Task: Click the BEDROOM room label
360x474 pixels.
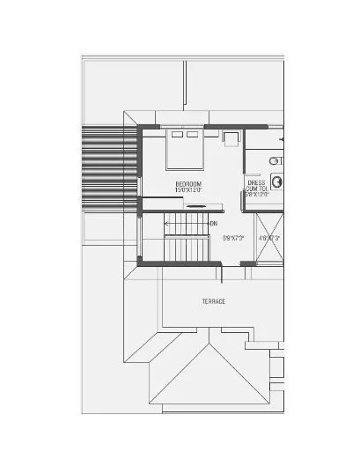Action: (x=188, y=182)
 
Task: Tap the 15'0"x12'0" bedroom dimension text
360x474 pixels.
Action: (x=188, y=189)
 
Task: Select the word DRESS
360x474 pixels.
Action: (x=257, y=183)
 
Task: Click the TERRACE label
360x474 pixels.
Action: (x=214, y=301)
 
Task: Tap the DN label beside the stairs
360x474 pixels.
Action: (x=213, y=224)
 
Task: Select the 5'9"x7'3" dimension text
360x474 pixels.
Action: (x=232, y=238)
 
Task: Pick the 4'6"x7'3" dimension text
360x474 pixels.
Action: (x=268, y=238)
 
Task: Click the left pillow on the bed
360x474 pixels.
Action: (x=176, y=135)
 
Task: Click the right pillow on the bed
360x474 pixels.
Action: (x=191, y=135)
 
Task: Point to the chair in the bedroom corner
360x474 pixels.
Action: (x=230, y=139)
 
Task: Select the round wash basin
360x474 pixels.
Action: (x=277, y=181)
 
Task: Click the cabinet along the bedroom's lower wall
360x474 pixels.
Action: (x=195, y=206)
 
